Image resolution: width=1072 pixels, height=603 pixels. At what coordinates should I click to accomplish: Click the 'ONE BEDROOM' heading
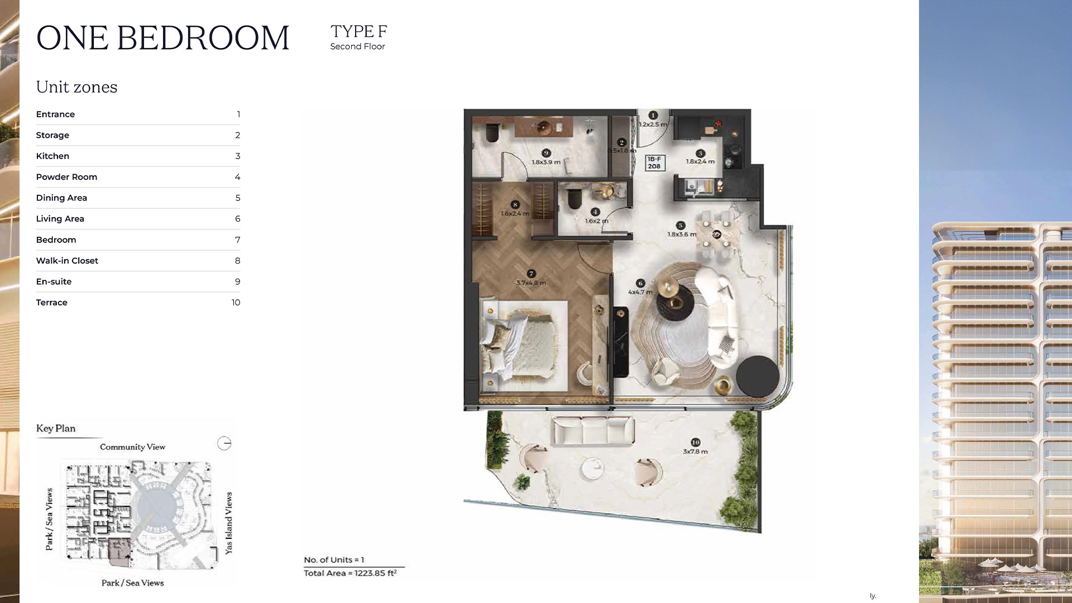point(162,38)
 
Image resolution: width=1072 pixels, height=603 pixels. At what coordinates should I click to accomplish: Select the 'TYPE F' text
point(358,31)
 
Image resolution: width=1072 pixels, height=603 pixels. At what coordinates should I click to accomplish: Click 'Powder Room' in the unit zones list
point(66,177)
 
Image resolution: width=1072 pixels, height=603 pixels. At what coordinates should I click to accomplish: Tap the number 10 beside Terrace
point(236,303)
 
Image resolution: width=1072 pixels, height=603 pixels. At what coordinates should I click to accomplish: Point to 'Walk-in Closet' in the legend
point(67,261)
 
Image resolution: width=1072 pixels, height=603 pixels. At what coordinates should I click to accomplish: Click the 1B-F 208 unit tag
point(654,162)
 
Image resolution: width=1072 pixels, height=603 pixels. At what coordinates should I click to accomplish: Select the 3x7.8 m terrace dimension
point(695,451)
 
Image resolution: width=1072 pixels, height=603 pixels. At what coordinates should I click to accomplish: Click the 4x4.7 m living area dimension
point(640,292)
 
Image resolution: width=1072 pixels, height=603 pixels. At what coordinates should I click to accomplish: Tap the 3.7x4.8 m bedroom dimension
point(531,283)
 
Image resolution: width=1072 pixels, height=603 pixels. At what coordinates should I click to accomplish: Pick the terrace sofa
point(593,430)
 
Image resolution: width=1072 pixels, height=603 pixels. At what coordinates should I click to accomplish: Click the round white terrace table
point(592,468)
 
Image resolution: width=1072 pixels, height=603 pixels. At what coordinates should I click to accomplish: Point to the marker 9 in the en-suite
point(546,153)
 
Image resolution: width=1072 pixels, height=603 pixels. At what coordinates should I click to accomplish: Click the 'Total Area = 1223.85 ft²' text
point(350,573)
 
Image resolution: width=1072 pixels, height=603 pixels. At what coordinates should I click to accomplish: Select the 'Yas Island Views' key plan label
point(228,523)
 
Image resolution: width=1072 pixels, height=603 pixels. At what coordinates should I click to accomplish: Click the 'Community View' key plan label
point(132,447)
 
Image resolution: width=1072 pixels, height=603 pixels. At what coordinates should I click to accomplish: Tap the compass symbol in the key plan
point(224,443)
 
